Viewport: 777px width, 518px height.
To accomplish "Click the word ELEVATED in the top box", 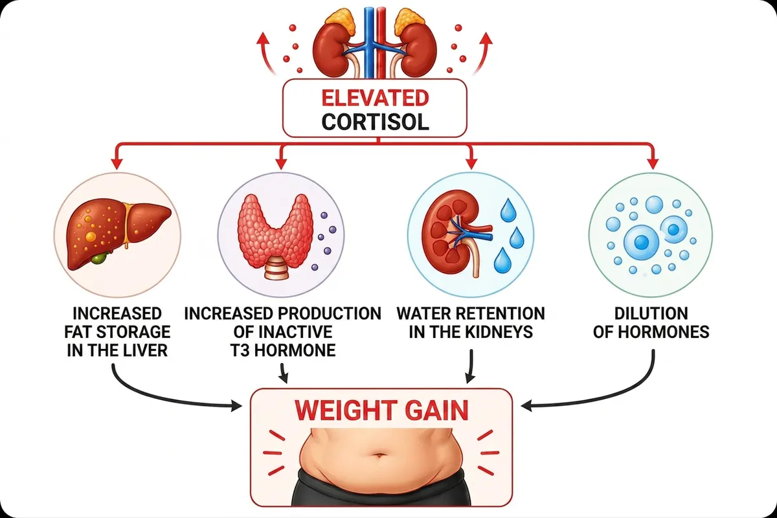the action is point(376,98).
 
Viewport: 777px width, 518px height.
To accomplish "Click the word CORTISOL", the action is point(376,122).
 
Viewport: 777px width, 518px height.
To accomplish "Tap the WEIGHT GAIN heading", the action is point(381,411).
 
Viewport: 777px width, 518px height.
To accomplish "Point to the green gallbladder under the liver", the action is point(100,258).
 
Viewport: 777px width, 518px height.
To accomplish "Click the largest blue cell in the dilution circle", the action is point(641,242).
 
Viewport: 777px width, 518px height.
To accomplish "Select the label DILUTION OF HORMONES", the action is point(651,322).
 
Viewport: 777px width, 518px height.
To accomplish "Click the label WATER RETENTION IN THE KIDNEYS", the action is point(471,322).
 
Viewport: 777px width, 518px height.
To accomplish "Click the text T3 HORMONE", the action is point(283,350).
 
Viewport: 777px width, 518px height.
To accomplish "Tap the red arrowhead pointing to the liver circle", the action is point(117,163).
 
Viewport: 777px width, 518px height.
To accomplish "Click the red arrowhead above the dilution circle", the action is point(653,163).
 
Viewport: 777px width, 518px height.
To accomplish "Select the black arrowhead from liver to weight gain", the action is point(236,405).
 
